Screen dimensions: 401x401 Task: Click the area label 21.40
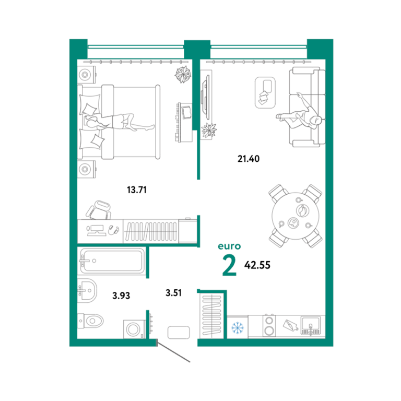(x=249, y=159)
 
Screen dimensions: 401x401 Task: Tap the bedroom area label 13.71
(x=137, y=190)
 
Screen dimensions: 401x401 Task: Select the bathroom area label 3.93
(x=121, y=296)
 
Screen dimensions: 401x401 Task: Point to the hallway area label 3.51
(x=173, y=293)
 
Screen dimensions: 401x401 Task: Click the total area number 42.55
(x=257, y=265)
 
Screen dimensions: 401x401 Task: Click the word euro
(x=229, y=246)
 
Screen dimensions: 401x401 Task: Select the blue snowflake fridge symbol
(x=238, y=328)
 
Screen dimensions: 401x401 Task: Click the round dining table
(x=296, y=216)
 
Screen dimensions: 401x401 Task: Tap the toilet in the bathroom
(x=90, y=321)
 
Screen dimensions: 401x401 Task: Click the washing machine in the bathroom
(x=134, y=329)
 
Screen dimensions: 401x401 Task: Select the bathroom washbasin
(x=87, y=290)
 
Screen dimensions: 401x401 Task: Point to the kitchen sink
(x=310, y=326)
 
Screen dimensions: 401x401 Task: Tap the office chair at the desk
(x=99, y=210)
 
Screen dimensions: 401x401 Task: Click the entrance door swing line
(x=173, y=352)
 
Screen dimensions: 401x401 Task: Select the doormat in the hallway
(x=179, y=333)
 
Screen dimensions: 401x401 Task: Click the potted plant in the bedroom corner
(x=183, y=75)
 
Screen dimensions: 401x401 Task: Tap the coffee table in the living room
(x=265, y=92)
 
